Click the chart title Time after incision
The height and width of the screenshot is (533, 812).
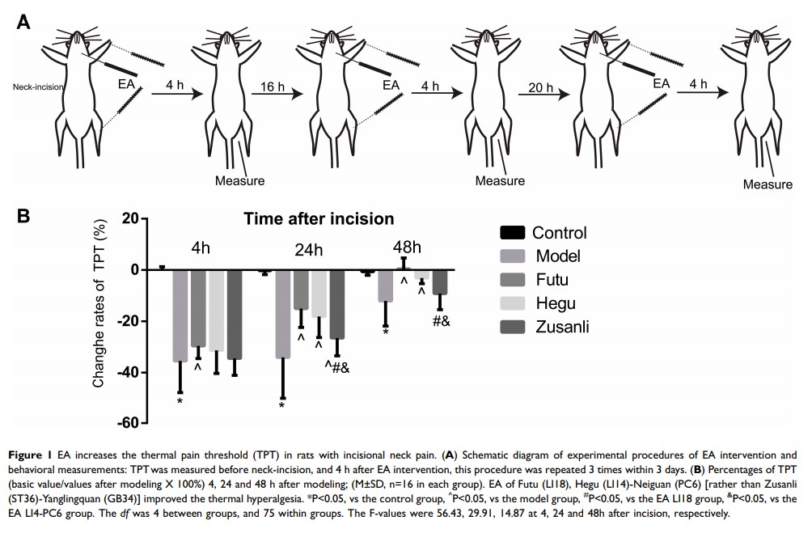click(x=319, y=218)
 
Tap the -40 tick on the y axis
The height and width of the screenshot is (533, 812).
click(x=129, y=372)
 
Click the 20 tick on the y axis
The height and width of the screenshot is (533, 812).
click(x=132, y=218)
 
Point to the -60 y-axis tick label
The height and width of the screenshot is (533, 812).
click(x=129, y=423)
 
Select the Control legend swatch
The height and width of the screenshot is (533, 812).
click(x=512, y=234)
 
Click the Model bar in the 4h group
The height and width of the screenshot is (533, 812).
click(x=180, y=315)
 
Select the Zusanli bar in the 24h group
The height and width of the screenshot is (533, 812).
click(x=336, y=304)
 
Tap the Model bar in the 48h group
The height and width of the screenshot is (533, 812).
click(x=385, y=286)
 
